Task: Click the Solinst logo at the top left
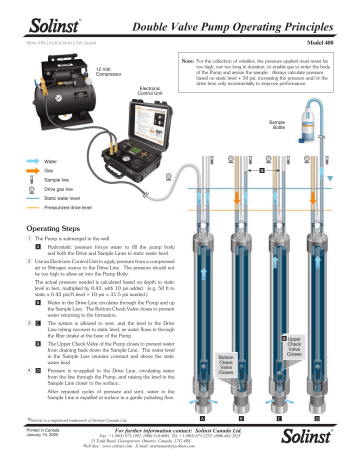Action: click(31, 12)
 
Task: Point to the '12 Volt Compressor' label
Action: click(84, 71)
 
